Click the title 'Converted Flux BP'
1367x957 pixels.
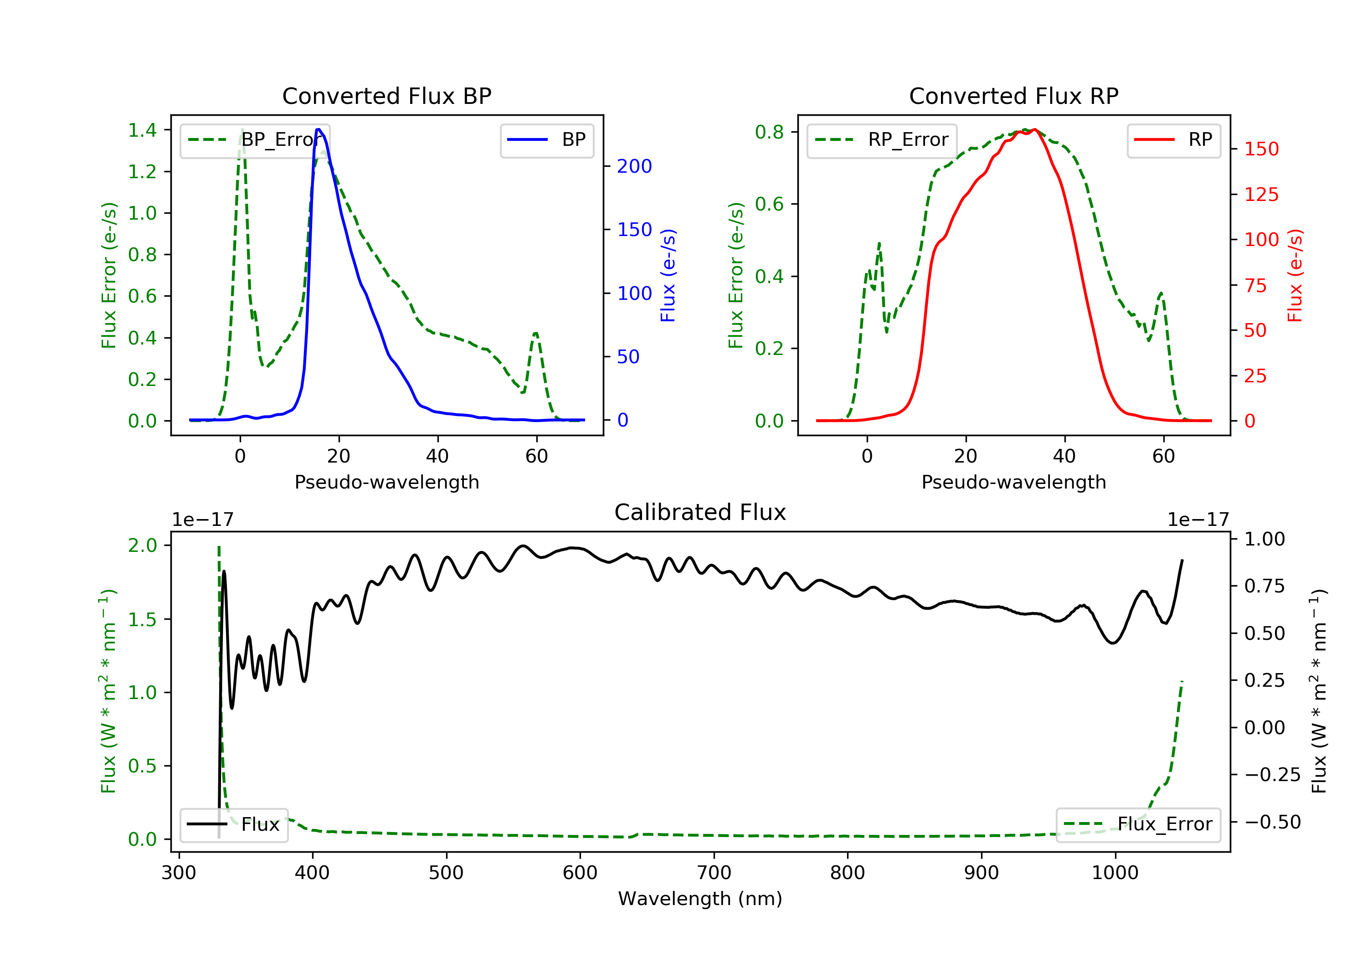point(386,96)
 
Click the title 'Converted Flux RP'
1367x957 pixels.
point(1013,96)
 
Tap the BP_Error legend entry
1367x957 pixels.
point(255,140)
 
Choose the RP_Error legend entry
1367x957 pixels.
point(882,140)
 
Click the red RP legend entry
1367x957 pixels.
point(1173,140)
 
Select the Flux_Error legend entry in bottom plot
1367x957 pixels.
point(1138,824)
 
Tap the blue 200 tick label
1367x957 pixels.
point(634,166)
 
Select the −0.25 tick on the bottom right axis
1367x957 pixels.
point(1272,775)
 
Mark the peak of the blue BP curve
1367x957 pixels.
point(319,129)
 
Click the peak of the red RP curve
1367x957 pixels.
point(1035,129)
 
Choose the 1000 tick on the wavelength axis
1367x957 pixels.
point(1115,873)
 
